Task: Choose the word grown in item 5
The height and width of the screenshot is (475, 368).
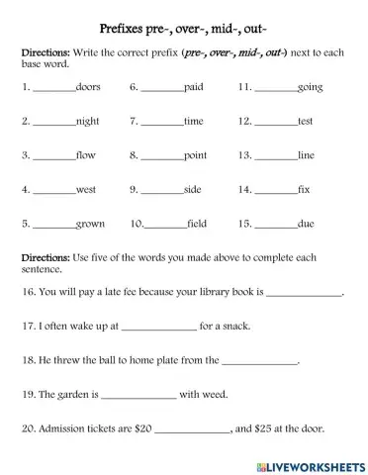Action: [x=90, y=224]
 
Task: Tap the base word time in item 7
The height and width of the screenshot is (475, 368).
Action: [x=193, y=122]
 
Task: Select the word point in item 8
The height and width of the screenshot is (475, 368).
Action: [x=195, y=156]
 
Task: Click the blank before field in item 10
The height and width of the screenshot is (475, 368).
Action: [x=165, y=226]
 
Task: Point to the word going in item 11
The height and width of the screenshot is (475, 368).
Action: [x=310, y=88]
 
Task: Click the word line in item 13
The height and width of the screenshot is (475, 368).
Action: [x=306, y=155]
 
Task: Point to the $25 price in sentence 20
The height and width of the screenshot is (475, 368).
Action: [x=270, y=428]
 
